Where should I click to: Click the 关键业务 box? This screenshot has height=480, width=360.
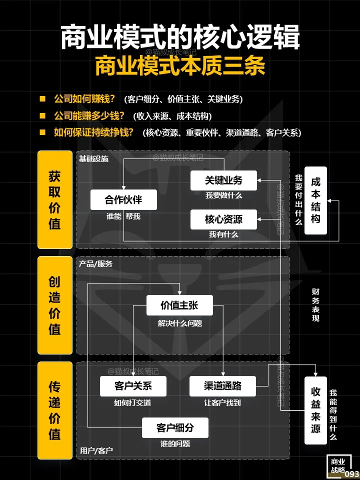pos(223,180)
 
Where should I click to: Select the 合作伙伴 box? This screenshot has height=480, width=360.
pos(123,200)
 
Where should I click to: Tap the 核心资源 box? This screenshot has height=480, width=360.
pos(223,219)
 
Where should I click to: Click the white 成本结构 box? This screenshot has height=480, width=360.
pos(315,200)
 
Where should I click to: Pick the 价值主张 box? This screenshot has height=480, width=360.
pos(179,305)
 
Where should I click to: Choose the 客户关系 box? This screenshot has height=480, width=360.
pos(133,386)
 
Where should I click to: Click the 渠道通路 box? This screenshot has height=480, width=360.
pos(222,386)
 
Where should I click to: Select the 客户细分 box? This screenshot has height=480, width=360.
pos(175,427)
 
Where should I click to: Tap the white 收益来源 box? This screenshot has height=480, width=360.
pos(315,410)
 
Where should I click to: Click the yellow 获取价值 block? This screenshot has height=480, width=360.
pos(55,200)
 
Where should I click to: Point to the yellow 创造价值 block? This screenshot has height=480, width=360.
pos(55,305)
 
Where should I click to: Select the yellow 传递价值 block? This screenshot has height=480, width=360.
pos(55,410)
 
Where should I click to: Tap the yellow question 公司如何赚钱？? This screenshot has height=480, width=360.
pos(84,99)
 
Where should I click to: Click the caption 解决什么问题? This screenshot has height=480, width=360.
pos(180,323)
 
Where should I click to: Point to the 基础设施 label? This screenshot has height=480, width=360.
pos(93,158)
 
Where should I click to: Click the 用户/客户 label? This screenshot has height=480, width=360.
pos(96,450)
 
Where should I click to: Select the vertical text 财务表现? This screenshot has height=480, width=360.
pos(315,305)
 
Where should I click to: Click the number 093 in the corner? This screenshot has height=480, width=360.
pos(352,474)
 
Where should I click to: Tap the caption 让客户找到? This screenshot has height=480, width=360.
pos(222,402)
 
